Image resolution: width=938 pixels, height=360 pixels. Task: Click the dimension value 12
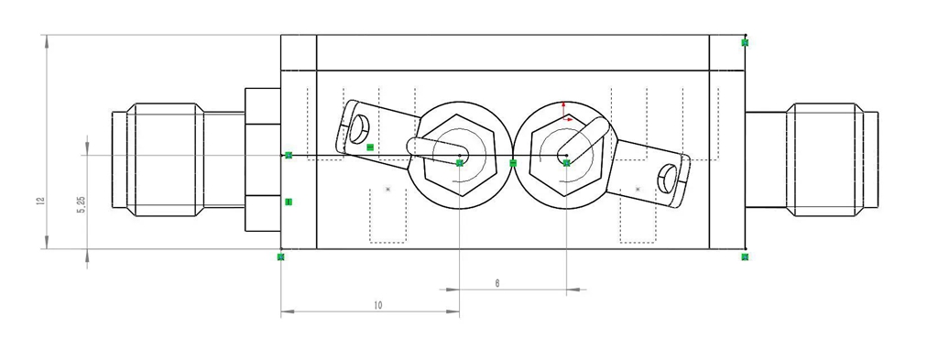(40, 202)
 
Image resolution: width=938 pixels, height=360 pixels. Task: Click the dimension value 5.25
(82, 205)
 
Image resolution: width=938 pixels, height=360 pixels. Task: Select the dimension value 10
(377, 305)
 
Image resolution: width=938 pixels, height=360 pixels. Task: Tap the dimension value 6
(497, 283)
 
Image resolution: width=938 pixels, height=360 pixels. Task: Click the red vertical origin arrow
(563, 109)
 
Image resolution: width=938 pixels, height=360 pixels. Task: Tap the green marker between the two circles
(513, 163)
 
